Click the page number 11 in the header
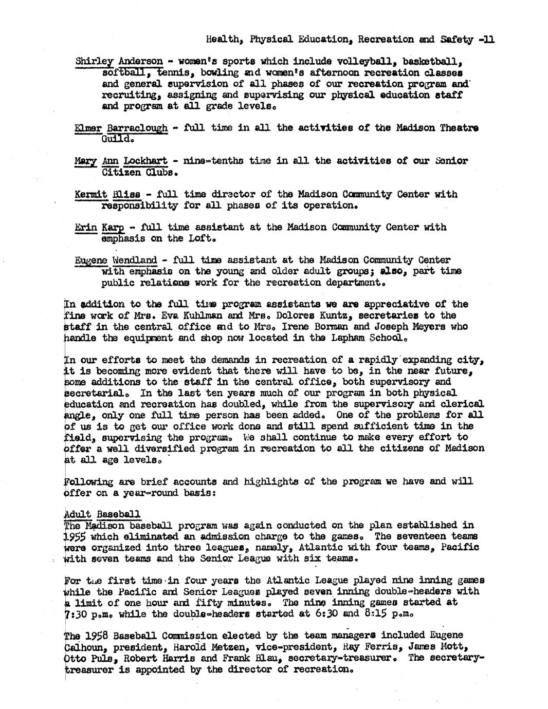coord(488,39)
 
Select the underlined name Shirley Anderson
coord(119,62)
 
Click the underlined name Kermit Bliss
coord(107,194)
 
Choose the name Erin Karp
coord(102,227)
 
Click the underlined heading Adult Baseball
coord(103,514)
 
